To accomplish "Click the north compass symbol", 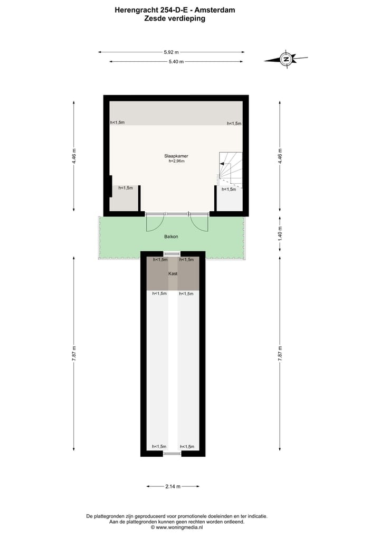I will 286,59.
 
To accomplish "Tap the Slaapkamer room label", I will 176,156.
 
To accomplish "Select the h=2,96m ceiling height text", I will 176,162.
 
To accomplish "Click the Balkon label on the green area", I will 171,237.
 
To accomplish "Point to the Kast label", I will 173,274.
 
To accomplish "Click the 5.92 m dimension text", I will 171,52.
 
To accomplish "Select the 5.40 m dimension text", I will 176,62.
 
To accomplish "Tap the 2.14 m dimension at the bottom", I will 173,486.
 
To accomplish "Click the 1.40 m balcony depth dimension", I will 280,233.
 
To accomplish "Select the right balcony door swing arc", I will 199,224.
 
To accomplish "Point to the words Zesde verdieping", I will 175,18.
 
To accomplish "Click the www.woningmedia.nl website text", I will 177,527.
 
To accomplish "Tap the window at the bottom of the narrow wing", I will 173,454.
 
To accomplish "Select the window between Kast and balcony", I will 173,254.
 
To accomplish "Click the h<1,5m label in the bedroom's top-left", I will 117,123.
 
